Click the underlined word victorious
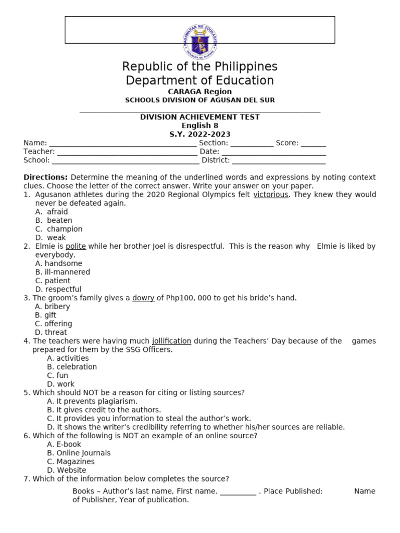(x=270, y=195)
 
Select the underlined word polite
(x=76, y=246)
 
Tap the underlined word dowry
(x=143, y=298)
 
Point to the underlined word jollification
(x=171, y=341)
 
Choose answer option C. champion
(x=59, y=229)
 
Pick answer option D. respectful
(x=58, y=289)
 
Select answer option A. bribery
(x=53, y=307)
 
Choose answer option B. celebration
(x=72, y=367)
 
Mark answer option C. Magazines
(x=71, y=462)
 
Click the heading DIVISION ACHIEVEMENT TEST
(x=200, y=117)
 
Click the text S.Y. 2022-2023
(x=200, y=134)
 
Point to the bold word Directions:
(x=46, y=177)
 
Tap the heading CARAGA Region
(x=200, y=92)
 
